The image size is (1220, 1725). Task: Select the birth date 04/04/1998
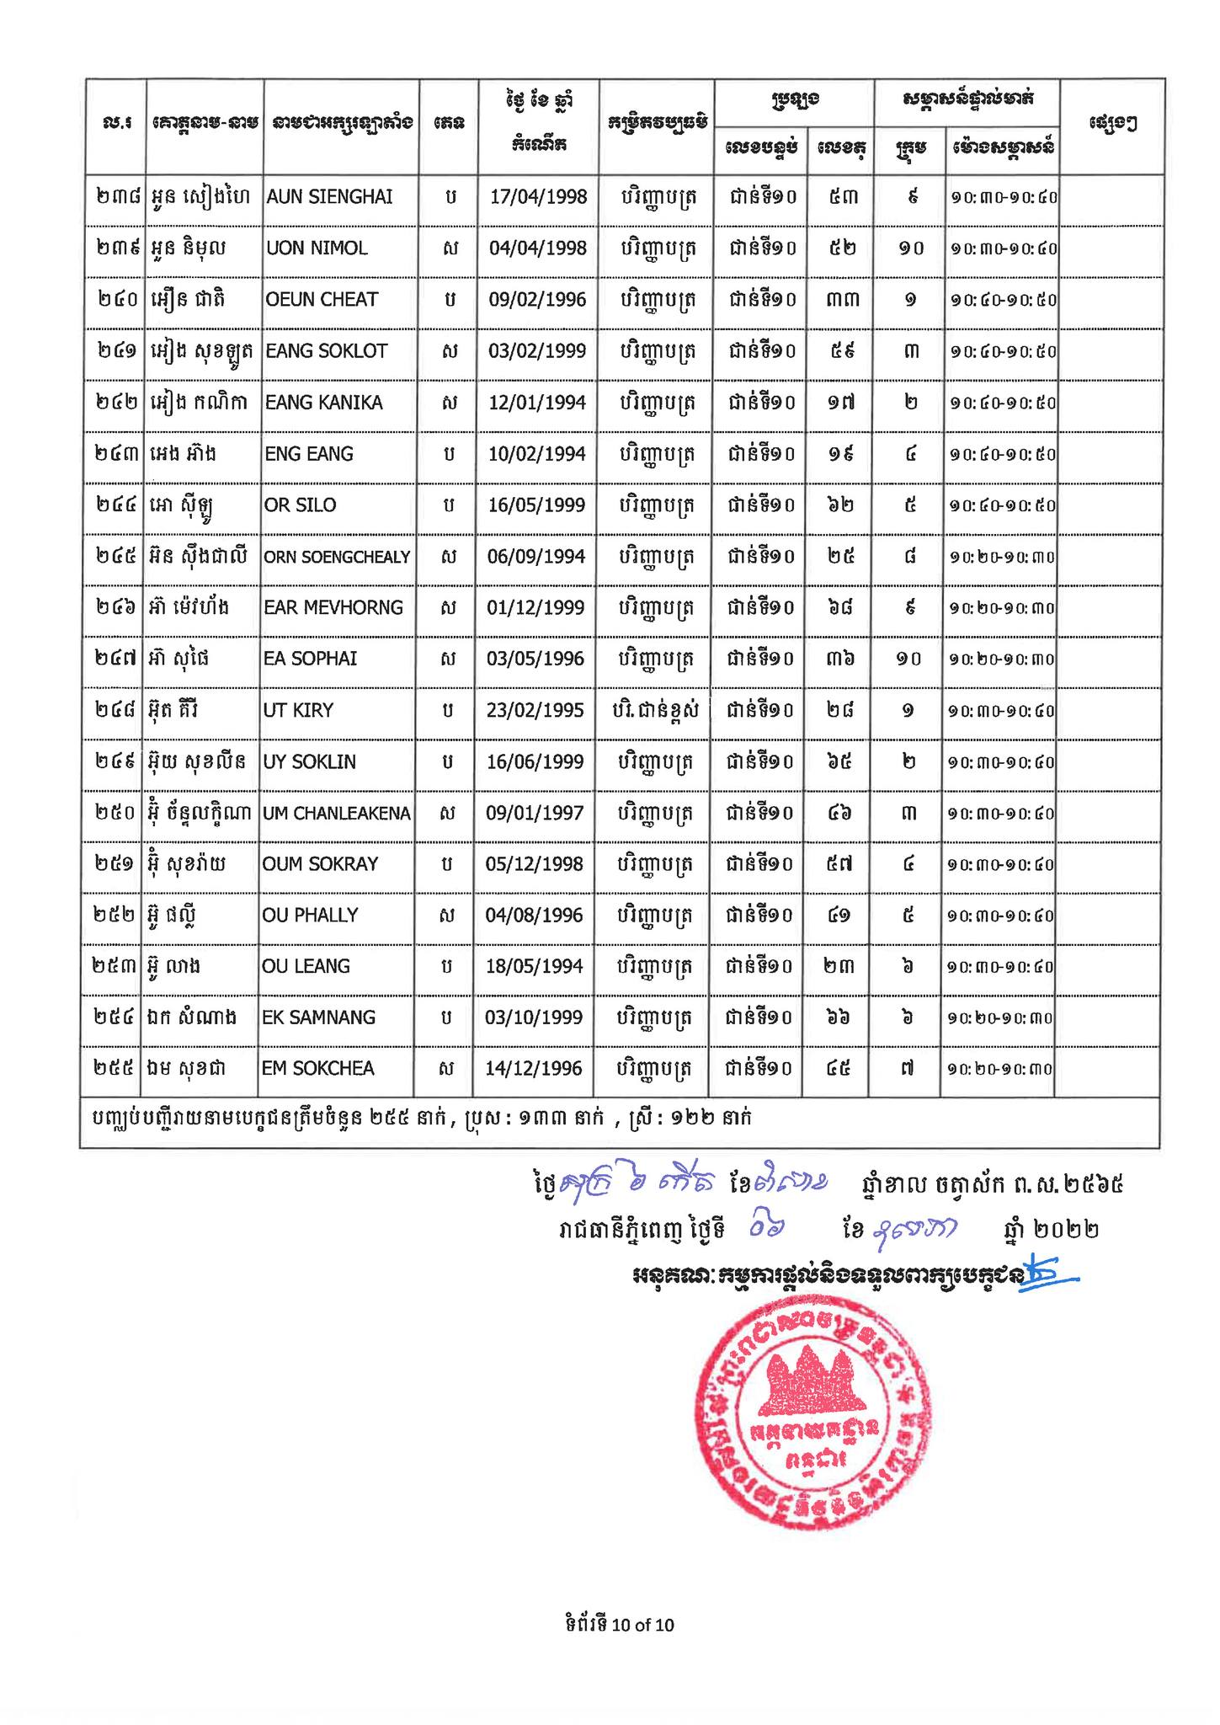(x=537, y=248)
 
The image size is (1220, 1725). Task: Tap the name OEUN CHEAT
(x=322, y=300)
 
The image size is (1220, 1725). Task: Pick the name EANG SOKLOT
(x=326, y=351)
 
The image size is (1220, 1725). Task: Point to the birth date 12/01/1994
(x=536, y=403)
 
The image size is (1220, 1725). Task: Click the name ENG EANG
(x=309, y=454)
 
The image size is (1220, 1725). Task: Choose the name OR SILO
(x=301, y=505)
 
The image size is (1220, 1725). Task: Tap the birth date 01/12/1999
(x=535, y=608)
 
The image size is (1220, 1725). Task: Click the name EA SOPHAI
(x=310, y=659)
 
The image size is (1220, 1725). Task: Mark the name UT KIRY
(x=298, y=710)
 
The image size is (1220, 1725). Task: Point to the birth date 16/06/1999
(x=535, y=761)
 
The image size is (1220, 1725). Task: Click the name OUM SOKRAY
(x=320, y=864)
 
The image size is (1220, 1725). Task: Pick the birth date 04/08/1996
(x=534, y=916)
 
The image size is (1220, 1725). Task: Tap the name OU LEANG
(x=306, y=966)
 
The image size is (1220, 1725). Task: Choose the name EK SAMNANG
(x=318, y=1017)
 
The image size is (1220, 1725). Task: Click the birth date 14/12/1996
(x=534, y=1069)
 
